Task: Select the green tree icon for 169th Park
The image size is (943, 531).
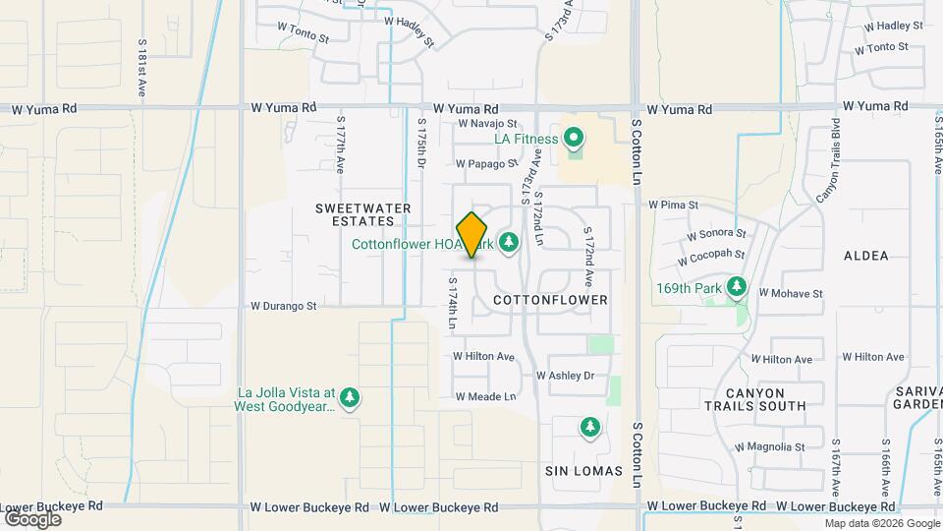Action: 738,288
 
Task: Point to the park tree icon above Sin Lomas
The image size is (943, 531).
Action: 589,427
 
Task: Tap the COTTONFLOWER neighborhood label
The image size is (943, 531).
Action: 550,299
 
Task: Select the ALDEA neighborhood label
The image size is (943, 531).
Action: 865,256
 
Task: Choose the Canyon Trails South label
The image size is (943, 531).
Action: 754,398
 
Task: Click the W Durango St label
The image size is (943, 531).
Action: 284,306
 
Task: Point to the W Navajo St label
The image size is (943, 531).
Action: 487,124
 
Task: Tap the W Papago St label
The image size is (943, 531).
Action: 486,164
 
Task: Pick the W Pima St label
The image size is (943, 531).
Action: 673,206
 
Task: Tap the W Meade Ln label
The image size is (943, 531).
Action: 485,396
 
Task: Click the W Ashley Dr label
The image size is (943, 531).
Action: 565,376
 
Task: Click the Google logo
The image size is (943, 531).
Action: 32,519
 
